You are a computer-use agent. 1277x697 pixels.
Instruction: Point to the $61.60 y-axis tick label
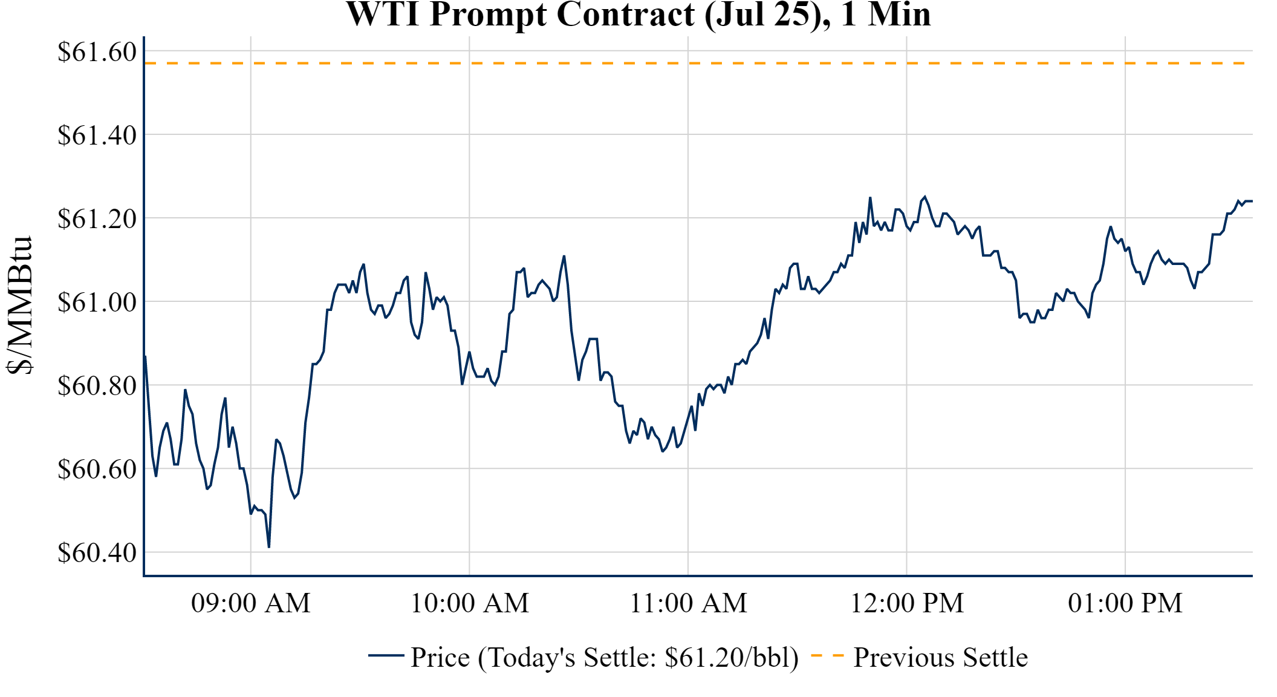tap(97, 52)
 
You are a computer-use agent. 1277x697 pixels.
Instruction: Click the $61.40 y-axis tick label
tap(97, 136)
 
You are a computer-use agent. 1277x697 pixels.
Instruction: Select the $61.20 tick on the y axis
tap(97, 219)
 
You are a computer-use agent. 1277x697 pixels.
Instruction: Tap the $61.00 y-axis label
tap(97, 303)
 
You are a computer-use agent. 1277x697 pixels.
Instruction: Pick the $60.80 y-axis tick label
tap(97, 386)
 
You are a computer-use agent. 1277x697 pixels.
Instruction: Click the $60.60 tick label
tap(97, 470)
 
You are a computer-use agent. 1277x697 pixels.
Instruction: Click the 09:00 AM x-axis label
tap(251, 603)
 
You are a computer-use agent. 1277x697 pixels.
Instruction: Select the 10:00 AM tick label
tap(470, 603)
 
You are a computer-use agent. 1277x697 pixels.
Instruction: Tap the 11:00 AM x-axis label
tap(689, 603)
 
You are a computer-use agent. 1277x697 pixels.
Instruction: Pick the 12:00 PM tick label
tap(907, 603)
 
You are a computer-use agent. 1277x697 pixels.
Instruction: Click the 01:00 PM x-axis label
tap(1125, 603)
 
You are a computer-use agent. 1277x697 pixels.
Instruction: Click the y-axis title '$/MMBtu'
tap(19, 306)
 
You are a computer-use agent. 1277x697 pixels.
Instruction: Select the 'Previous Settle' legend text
tap(940, 658)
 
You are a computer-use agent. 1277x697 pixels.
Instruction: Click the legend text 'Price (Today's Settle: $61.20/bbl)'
tap(605, 658)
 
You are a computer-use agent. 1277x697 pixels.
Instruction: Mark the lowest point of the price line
tap(269, 547)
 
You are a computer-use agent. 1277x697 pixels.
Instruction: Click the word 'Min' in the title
tap(899, 15)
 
